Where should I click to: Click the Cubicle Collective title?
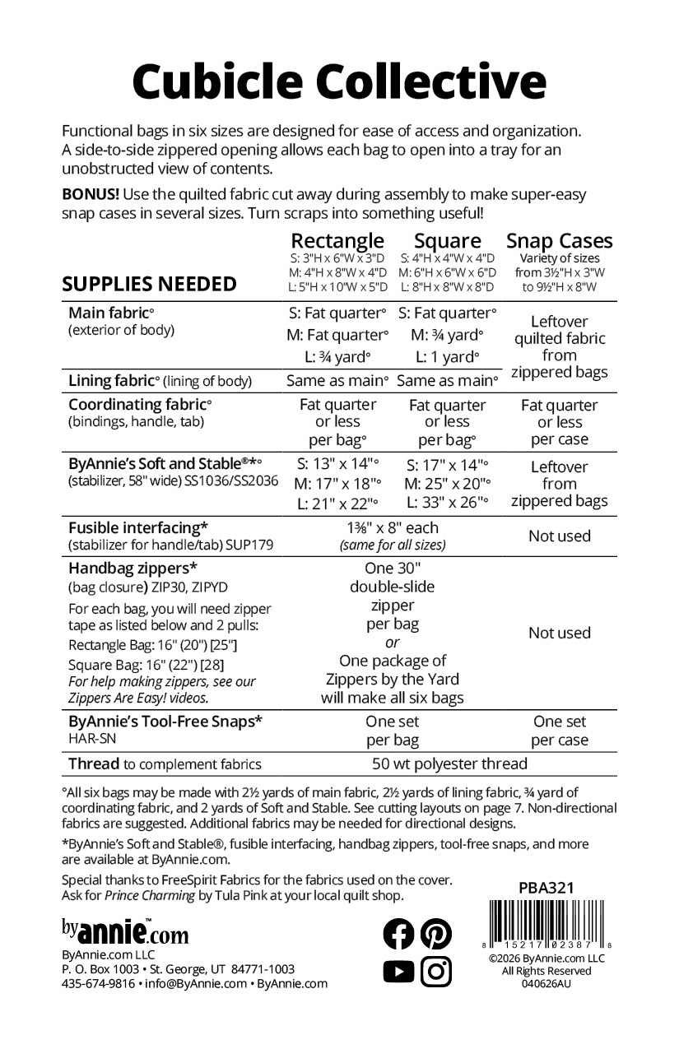pyautogui.click(x=339, y=81)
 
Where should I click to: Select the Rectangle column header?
pyautogui.click(x=337, y=240)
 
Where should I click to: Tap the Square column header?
pyautogui.click(x=447, y=240)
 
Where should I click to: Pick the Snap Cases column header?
pyautogui.click(x=559, y=240)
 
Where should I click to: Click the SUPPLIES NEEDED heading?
pyautogui.click(x=150, y=285)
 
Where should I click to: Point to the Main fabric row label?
pyautogui.click(x=111, y=313)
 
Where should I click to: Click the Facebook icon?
pyautogui.click(x=399, y=934)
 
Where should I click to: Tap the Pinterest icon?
pyautogui.click(x=436, y=934)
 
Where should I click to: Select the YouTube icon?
pyautogui.click(x=399, y=972)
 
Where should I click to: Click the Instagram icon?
pyautogui.click(x=436, y=972)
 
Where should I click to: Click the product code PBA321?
pyautogui.click(x=546, y=888)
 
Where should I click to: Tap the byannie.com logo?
pyautogui.click(x=125, y=933)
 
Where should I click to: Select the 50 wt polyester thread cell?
pyautogui.click(x=449, y=764)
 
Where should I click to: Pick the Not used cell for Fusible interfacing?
pyautogui.click(x=559, y=536)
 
